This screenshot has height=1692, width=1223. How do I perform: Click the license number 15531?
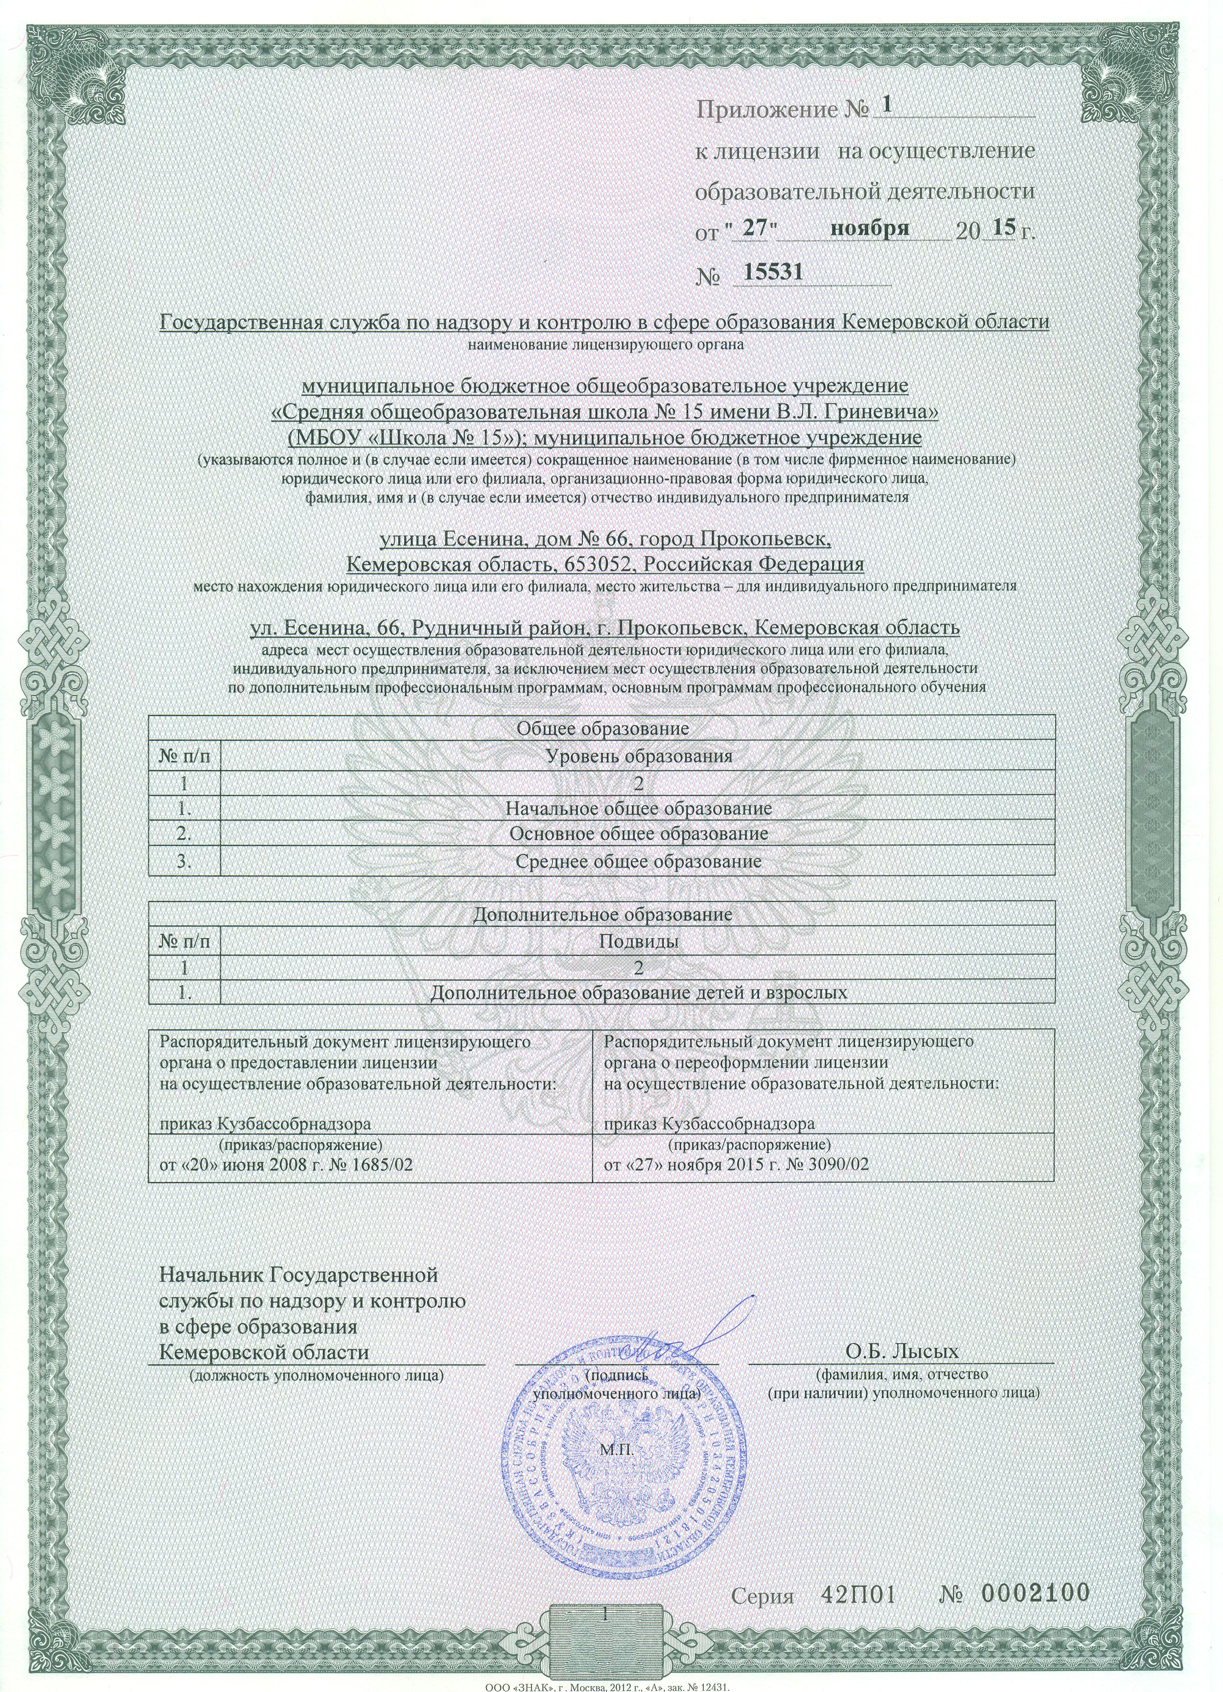point(768,272)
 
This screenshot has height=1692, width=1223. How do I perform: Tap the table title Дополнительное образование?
point(602,914)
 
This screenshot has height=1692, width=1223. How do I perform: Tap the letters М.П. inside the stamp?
point(616,1451)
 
